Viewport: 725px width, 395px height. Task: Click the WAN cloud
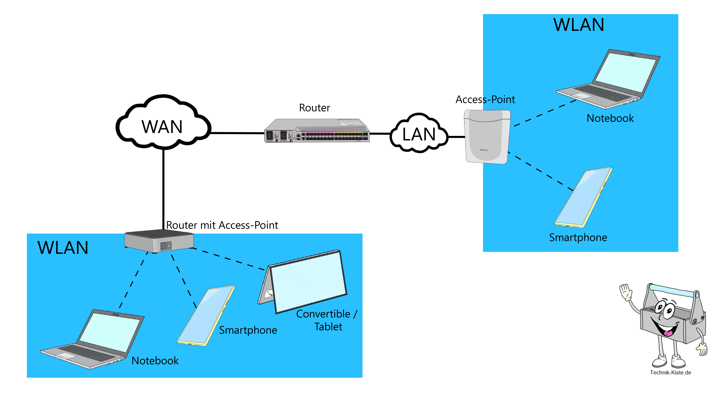tap(163, 124)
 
